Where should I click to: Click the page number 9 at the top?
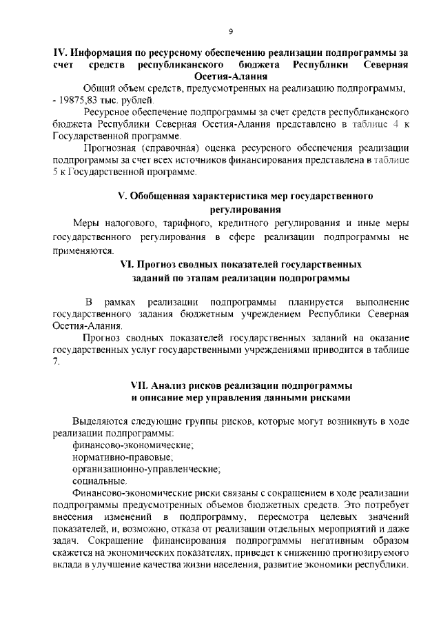tap(231, 31)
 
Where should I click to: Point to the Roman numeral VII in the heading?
tap(141, 385)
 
